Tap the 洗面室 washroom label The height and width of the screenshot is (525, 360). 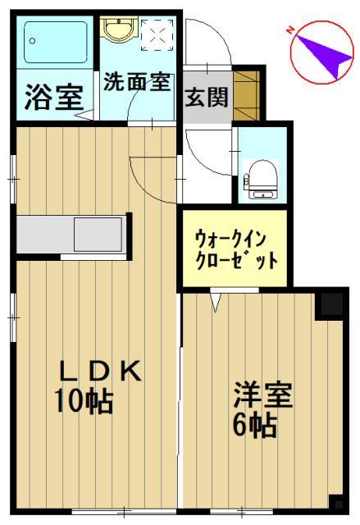pos(136,82)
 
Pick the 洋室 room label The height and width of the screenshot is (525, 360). pos(262,395)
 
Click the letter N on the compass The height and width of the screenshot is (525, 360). pos(290,30)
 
